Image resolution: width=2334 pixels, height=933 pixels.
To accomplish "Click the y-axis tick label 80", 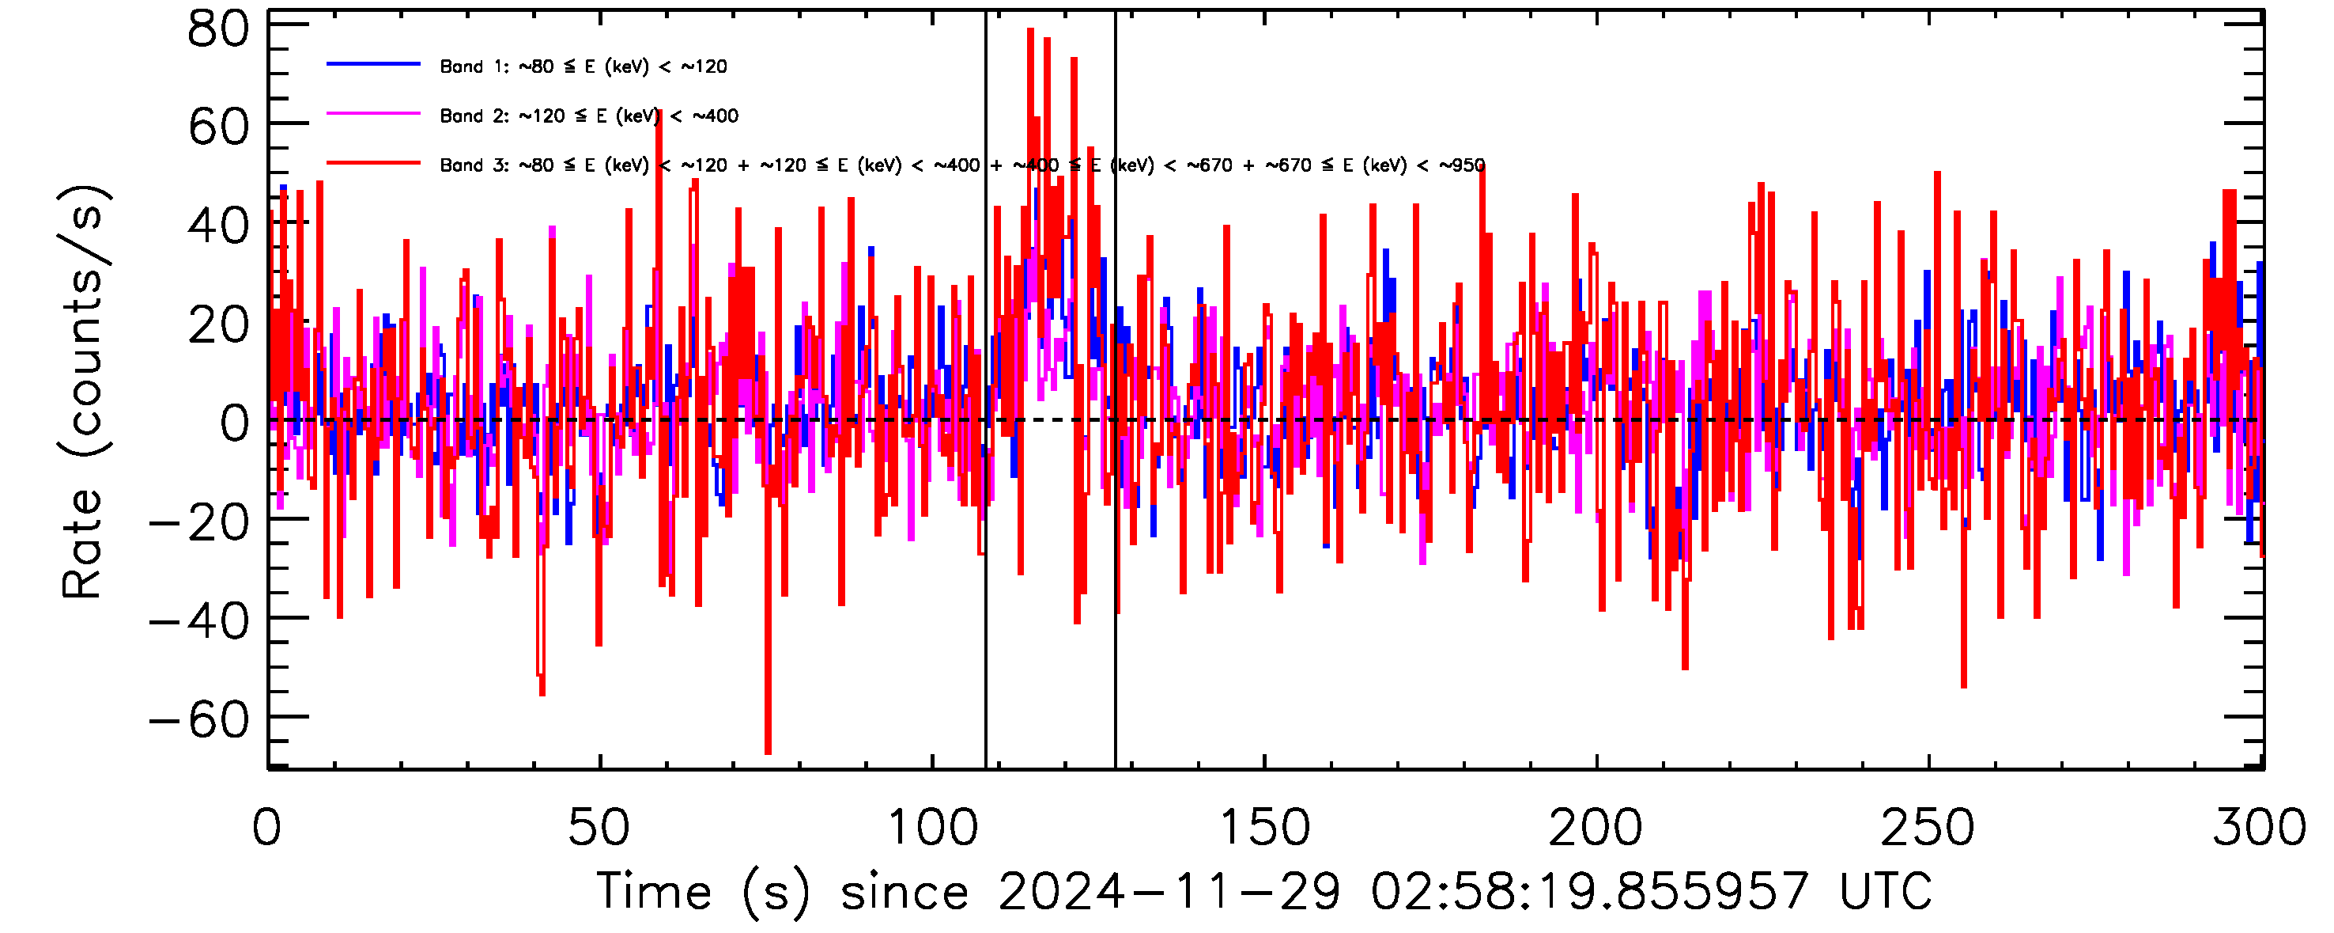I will pyautogui.click(x=217, y=29).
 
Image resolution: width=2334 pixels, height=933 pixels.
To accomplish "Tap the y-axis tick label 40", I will pyautogui.click(x=217, y=226).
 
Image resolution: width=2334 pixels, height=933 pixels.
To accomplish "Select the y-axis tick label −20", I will pyautogui.click(x=199, y=522).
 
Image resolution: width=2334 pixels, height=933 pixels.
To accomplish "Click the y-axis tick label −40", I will pyautogui.click(x=199, y=621).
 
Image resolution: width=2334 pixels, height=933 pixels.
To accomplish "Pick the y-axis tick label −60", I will pyautogui.click(x=199, y=720).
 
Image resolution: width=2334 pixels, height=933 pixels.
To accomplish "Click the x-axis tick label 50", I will pyautogui.click(x=599, y=828).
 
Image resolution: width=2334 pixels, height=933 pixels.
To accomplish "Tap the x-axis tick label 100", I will pyautogui.click(x=932, y=828).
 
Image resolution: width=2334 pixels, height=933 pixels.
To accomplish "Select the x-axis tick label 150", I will pyautogui.click(x=1265, y=828).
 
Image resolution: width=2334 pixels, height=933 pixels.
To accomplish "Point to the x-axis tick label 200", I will pyautogui.click(x=1596, y=828).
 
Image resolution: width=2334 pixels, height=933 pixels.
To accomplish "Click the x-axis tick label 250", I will pyautogui.click(x=1928, y=828).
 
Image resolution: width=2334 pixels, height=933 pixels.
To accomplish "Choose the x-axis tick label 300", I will pyautogui.click(x=2260, y=828).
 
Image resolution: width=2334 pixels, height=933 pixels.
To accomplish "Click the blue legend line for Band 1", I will pyautogui.click(x=373, y=64).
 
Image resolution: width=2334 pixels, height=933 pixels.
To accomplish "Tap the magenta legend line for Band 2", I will pyautogui.click(x=373, y=114).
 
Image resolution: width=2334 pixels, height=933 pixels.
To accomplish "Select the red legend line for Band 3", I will pyautogui.click(x=373, y=164).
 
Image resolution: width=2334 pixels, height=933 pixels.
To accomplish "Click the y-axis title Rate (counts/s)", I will pyautogui.click(x=83, y=392).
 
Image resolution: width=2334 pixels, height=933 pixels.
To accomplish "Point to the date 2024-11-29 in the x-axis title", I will pyautogui.click(x=1169, y=892).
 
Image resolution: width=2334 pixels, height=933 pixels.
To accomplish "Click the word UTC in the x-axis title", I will pyautogui.click(x=1886, y=892).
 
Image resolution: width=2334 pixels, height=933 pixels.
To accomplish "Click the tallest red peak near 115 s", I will pyautogui.click(x=1030, y=32).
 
